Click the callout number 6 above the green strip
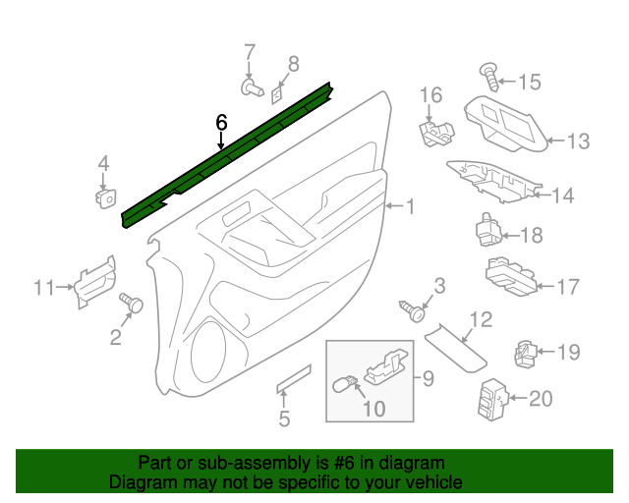221,122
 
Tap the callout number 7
249,51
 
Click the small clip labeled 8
277,95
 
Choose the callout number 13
578,141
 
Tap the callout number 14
561,196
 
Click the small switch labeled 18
488,230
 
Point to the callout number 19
569,352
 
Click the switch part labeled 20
494,399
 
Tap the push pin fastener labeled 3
416,312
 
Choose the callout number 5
284,420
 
